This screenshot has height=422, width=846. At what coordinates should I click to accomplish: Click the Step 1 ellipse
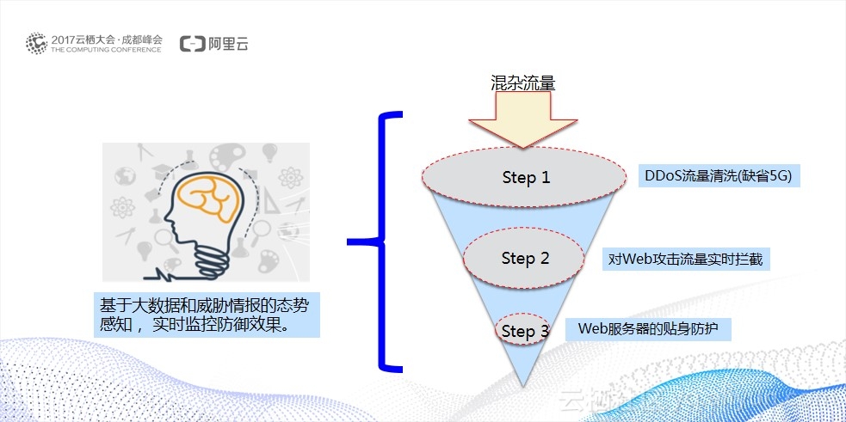pyautogui.click(x=525, y=177)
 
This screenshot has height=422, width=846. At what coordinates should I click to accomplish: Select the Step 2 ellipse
pyautogui.click(x=525, y=258)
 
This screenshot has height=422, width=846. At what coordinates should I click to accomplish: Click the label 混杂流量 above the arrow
pyautogui.click(x=523, y=83)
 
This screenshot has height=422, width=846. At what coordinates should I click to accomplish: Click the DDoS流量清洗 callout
pyautogui.click(x=717, y=177)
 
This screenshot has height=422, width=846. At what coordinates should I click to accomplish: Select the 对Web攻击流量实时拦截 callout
pyautogui.click(x=686, y=259)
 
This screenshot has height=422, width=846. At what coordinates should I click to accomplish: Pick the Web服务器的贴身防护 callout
pyautogui.click(x=648, y=328)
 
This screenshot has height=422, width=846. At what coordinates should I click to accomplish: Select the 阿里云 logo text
pyautogui.click(x=227, y=44)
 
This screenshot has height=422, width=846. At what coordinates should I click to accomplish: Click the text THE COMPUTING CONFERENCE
pyautogui.click(x=106, y=50)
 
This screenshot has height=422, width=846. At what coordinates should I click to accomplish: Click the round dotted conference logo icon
pyautogui.click(x=36, y=43)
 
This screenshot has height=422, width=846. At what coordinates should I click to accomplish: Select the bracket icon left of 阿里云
pyautogui.click(x=192, y=44)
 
